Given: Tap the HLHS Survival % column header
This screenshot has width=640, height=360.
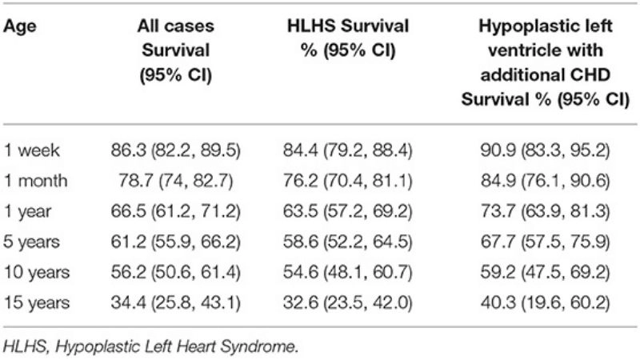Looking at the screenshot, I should pyautogui.click(x=349, y=39).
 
